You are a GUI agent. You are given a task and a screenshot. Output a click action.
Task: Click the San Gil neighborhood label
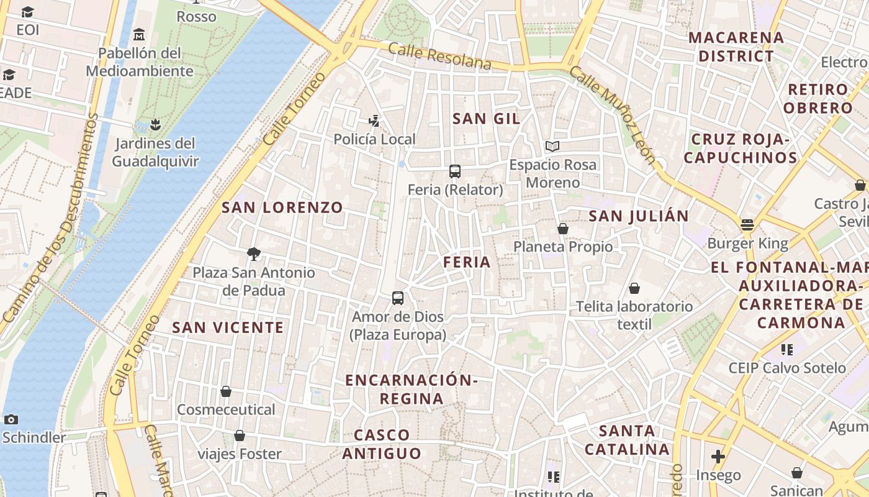[486, 119]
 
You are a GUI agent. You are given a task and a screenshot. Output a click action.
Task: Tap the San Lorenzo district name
[282, 207]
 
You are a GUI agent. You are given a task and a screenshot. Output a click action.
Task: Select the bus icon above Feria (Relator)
[455, 171]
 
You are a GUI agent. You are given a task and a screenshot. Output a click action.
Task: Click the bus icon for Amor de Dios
[398, 298]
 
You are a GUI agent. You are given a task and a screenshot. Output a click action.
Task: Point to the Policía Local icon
[374, 121]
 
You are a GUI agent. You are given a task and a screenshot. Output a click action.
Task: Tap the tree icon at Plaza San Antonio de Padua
[253, 253]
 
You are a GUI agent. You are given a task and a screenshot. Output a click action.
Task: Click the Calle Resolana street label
[439, 56]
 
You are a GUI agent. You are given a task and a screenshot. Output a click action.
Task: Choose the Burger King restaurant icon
[747, 225]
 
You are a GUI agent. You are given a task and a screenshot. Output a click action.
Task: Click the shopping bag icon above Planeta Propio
[563, 229]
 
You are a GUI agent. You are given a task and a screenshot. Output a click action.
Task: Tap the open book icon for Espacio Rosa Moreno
[552, 147]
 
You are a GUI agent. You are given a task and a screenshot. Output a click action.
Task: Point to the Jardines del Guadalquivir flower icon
[155, 125]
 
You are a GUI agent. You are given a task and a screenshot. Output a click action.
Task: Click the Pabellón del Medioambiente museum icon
[139, 34]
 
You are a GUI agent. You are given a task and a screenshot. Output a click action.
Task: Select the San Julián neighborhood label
[638, 216]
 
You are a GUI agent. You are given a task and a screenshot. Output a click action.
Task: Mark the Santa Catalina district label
[627, 440]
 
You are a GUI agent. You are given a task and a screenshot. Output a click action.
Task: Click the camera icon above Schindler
[11, 419]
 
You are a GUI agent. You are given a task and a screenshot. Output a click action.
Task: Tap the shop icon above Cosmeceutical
[226, 391]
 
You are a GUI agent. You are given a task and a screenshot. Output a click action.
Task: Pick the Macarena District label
[736, 47]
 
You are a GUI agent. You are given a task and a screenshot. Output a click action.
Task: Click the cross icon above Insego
[718, 457]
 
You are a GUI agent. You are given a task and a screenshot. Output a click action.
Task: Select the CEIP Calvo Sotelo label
[787, 368]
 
